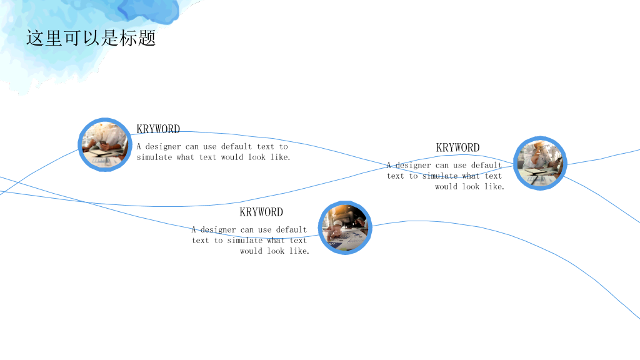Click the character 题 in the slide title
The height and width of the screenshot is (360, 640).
click(147, 38)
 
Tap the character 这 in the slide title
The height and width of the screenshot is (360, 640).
click(35, 38)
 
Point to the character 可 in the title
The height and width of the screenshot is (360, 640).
click(72, 38)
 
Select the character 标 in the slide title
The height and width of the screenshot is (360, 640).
click(129, 38)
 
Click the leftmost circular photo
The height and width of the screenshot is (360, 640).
click(105, 145)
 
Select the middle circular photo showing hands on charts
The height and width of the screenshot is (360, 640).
click(345, 227)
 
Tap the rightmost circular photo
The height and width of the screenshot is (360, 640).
click(540, 163)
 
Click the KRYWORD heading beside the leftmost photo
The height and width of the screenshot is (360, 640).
click(158, 129)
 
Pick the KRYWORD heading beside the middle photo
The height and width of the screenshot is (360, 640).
click(261, 212)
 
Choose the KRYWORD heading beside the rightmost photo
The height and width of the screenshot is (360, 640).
click(458, 147)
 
